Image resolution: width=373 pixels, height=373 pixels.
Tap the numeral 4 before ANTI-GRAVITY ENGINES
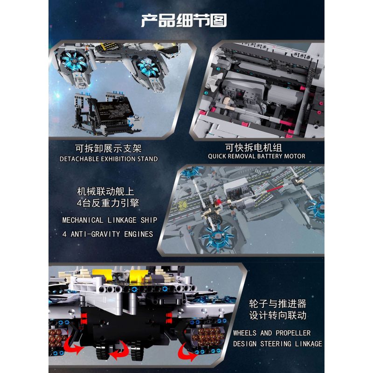coord(64,234)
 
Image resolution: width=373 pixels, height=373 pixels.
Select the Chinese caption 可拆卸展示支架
coord(108,148)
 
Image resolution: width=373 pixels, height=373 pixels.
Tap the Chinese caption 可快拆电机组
coord(256,146)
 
